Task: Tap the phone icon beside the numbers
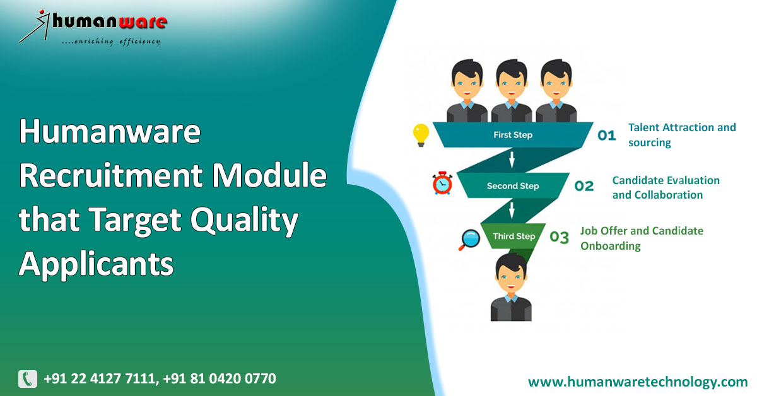coord(28,379)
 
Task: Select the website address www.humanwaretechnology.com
coord(637,381)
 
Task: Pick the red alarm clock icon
coord(442,183)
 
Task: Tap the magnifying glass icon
coord(470,238)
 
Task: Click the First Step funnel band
coord(512,135)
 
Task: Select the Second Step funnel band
coord(512,186)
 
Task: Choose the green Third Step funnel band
coord(513,236)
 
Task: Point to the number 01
coord(606,135)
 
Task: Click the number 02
coord(584,186)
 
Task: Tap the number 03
coord(560,237)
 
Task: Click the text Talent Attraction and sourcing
coord(681,135)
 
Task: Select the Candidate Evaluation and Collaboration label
coord(666,187)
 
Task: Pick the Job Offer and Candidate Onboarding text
coord(641,238)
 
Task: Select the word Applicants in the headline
coord(96,264)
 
